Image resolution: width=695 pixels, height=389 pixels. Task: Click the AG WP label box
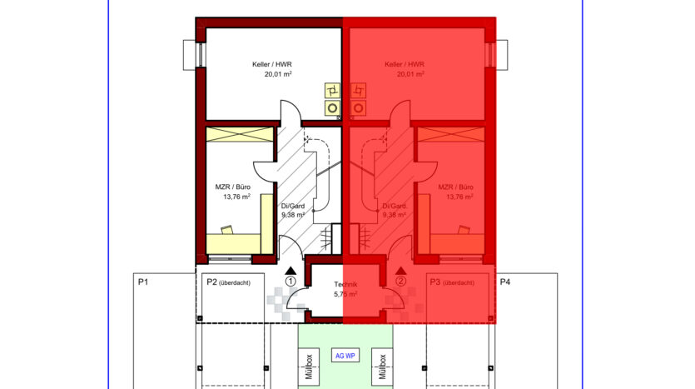tap(345, 356)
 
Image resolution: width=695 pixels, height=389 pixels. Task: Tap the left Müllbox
tap(309, 367)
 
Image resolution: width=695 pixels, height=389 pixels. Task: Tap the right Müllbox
tap(382, 367)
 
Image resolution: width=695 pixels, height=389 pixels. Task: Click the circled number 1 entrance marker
tap(290, 282)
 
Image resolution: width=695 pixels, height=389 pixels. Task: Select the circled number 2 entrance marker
tap(400, 282)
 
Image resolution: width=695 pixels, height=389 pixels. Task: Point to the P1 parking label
tap(142, 282)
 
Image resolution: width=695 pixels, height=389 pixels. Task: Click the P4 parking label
tap(505, 282)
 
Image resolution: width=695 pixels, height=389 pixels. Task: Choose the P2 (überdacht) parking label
tap(228, 282)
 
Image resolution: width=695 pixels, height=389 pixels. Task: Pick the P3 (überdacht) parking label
tap(452, 282)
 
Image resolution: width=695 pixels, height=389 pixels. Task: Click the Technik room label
tap(345, 284)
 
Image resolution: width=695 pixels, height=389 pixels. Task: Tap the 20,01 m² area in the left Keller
tap(278, 74)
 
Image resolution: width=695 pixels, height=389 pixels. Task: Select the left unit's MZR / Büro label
tap(233, 187)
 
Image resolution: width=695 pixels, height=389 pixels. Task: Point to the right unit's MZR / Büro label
tap(455, 187)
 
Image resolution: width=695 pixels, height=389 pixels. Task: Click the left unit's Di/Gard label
tap(293, 206)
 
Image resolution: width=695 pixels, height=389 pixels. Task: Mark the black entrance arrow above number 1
tap(290, 271)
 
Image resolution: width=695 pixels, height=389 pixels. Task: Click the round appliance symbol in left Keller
tap(332, 107)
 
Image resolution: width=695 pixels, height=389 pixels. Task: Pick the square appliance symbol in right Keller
tap(359, 91)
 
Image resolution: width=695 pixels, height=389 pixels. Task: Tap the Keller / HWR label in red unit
tap(405, 64)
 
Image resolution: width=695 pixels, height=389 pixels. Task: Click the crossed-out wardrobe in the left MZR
tap(240, 135)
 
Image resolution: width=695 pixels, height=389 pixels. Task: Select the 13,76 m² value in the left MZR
tap(236, 197)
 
